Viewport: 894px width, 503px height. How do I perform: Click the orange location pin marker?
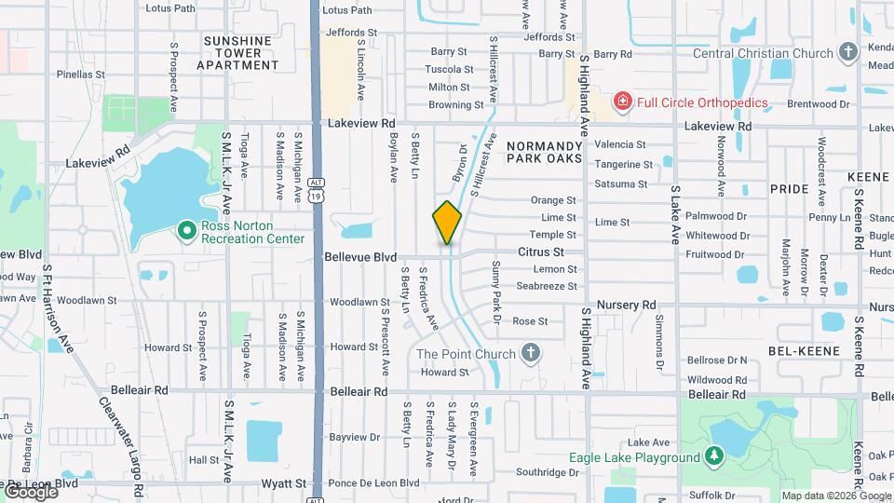(x=447, y=223)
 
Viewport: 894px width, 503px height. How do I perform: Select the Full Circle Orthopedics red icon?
(x=621, y=101)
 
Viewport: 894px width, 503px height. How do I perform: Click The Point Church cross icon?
(x=530, y=353)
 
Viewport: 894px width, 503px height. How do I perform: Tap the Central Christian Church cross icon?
(x=847, y=53)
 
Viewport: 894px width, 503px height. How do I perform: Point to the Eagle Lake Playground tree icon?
(x=713, y=456)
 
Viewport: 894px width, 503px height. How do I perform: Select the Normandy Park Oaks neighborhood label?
(x=544, y=153)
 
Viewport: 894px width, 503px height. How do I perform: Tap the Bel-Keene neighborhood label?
(x=803, y=351)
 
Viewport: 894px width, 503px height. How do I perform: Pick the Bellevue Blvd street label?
(x=360, y=256)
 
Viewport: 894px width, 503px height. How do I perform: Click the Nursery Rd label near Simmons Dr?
(x=627, y=305)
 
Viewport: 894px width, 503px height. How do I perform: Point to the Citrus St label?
(x=541, y=251)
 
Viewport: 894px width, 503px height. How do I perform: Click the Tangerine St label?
(x=620, y=164)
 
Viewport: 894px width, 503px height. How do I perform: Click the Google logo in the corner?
(x=31, y=492)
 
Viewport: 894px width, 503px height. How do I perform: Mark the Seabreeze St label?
(x=547, y=285)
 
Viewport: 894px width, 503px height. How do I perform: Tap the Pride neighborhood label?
(x=789, y=188)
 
